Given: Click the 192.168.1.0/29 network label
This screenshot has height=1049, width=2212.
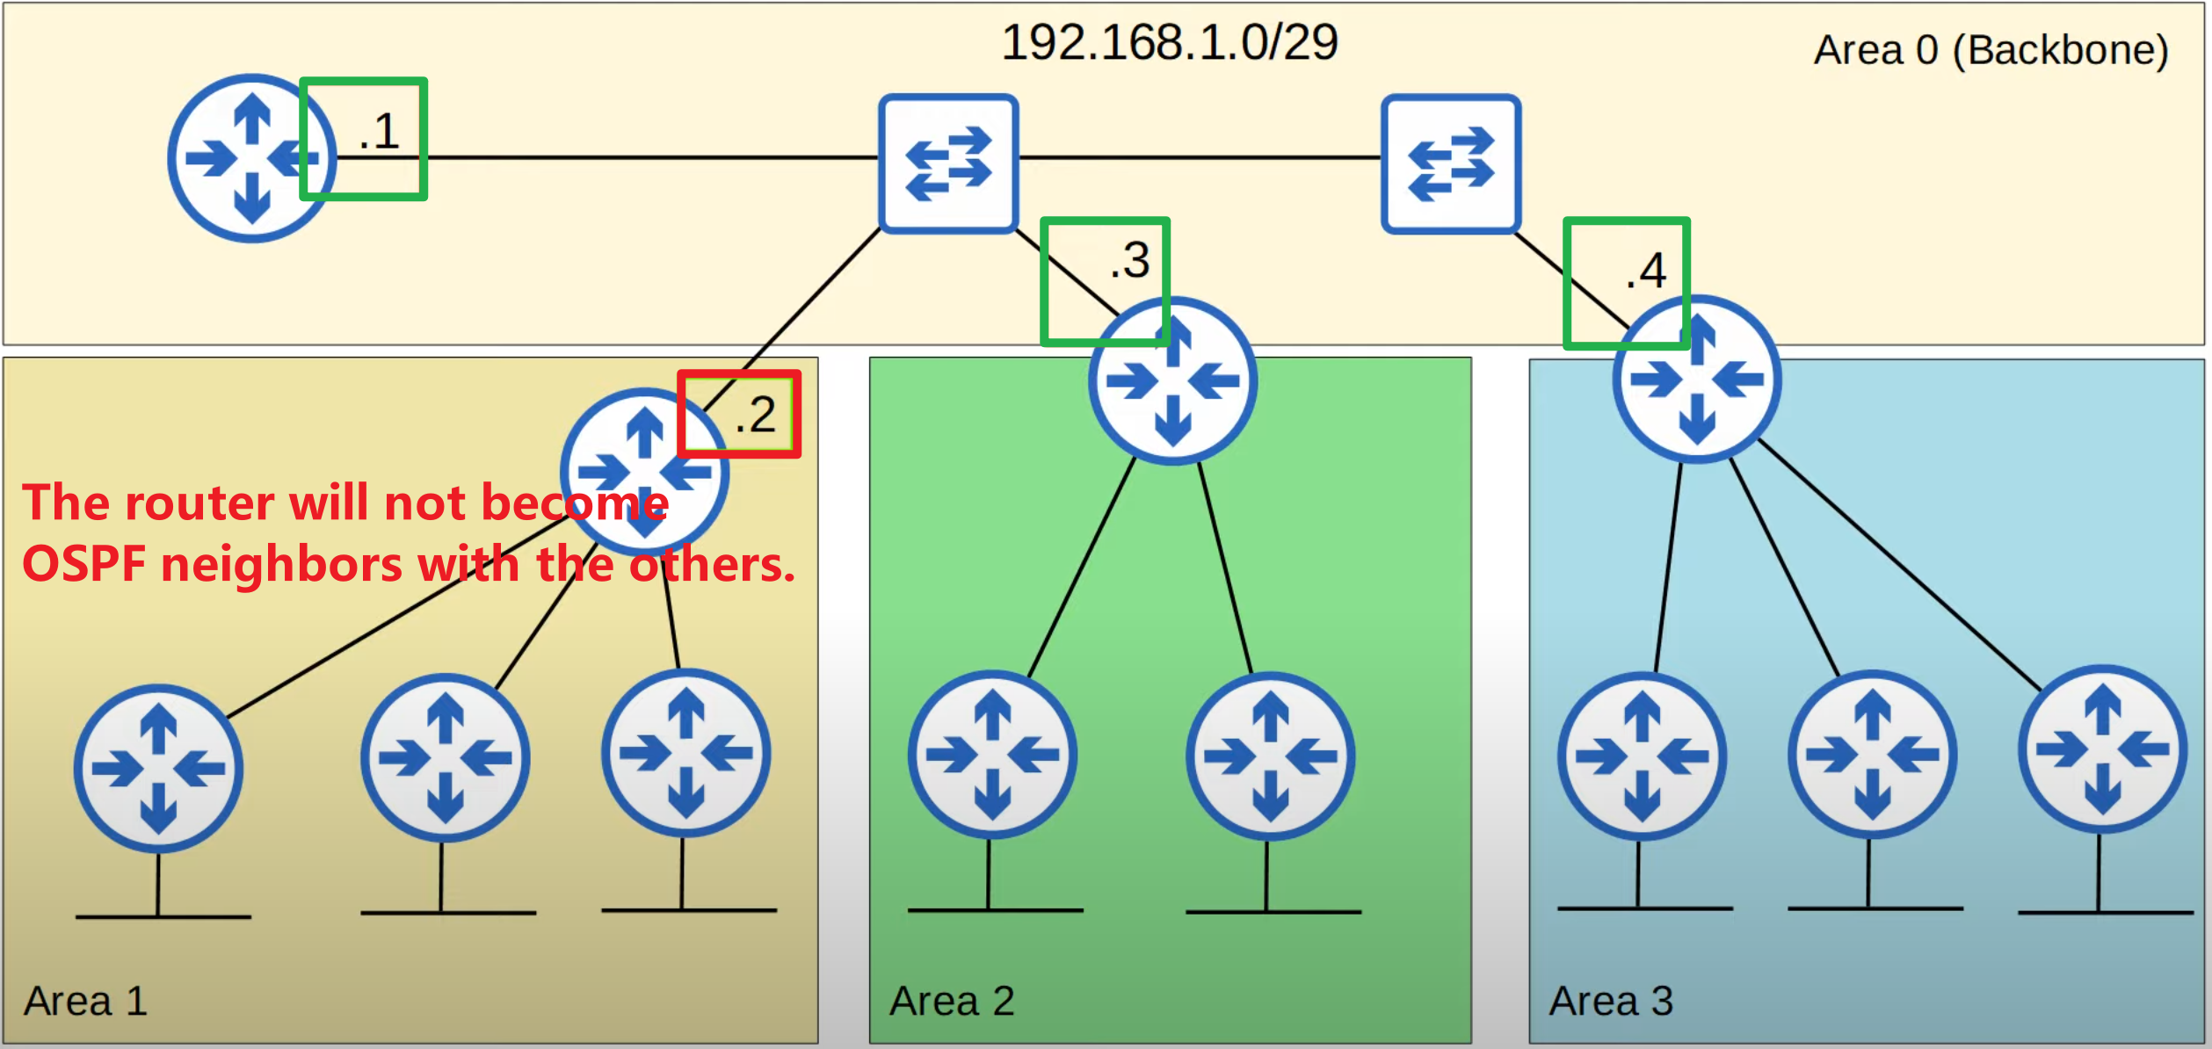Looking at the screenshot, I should [1169, 42].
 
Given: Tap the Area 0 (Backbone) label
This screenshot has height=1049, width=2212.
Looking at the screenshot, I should [1991, 50].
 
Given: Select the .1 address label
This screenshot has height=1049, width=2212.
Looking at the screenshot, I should [380, 133].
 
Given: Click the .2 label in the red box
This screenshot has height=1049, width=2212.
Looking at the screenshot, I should [756, 415].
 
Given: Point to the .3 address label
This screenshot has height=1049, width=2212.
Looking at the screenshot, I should [1130, 261].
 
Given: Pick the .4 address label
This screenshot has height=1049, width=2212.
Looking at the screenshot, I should [1646, 271].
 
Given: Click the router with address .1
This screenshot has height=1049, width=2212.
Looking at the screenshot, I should [250, 158].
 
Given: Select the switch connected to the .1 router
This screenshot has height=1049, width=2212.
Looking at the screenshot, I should [948, 163].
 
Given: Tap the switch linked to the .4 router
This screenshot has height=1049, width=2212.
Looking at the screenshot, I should [1450, 163].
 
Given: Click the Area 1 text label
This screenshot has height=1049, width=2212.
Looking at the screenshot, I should [85, 1001].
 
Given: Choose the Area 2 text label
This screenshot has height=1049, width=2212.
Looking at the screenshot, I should [952, 1001].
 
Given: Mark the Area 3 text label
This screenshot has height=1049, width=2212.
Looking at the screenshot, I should [1610, 1001].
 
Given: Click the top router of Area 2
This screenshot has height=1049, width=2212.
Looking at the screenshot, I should [1172, 381].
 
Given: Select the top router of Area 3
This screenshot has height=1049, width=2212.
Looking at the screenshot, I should [1696, 380].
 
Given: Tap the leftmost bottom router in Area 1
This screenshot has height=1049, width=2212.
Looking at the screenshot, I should [158, 769].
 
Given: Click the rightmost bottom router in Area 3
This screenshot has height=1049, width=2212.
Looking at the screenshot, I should [2102, 749].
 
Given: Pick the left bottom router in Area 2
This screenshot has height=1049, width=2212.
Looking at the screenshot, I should [992, 754].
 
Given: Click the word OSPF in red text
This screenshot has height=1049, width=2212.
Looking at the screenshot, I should [84, 564].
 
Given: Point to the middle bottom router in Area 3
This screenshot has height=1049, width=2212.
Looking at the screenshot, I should [1872, 754].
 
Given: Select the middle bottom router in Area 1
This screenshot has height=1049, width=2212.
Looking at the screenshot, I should [445, 757].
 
